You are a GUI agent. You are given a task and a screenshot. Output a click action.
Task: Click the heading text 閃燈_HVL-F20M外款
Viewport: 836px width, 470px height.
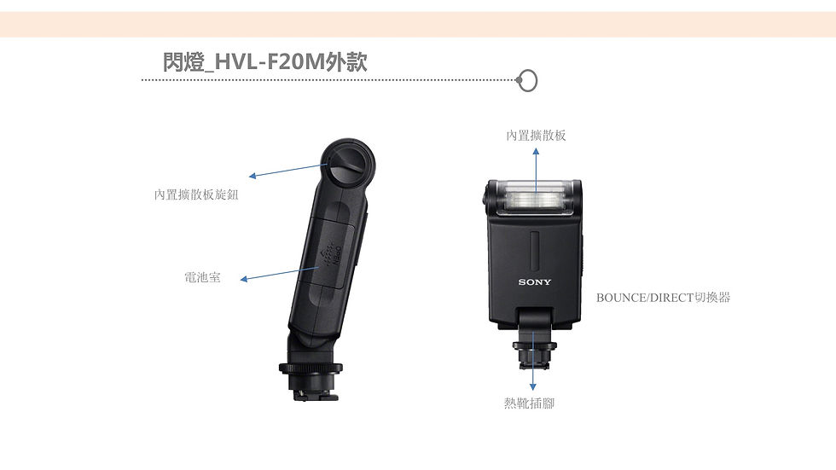click(265, 61)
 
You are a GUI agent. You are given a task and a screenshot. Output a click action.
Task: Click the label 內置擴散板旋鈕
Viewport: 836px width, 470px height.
click(196, 194)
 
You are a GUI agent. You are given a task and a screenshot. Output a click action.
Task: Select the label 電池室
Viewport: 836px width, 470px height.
click(202, 277)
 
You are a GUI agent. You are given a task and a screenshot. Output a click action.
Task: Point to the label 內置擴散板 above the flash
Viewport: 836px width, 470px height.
click(536, 136)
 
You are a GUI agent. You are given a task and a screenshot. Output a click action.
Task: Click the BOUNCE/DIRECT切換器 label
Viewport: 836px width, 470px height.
click(664, 298)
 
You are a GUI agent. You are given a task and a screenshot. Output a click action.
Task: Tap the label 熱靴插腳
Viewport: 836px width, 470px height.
click(530, 403)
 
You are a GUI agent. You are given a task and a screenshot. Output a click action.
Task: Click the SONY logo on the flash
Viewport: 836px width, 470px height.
click(535, 281)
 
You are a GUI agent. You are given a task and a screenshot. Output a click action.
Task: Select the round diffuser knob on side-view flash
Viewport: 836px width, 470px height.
click(347, 164)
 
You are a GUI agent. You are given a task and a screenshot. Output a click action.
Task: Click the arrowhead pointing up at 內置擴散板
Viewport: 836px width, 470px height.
click(536, 151)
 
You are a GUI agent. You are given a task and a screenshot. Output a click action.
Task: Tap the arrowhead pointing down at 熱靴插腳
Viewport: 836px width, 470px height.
click(532, 386)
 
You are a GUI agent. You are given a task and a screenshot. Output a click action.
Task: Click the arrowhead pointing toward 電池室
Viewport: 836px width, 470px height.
click(244, 279)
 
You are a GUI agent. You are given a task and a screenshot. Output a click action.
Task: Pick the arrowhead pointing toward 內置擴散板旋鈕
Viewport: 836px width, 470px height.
click(253, 176)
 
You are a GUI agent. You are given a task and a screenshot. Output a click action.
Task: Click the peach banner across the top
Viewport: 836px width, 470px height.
click(418, 25)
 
